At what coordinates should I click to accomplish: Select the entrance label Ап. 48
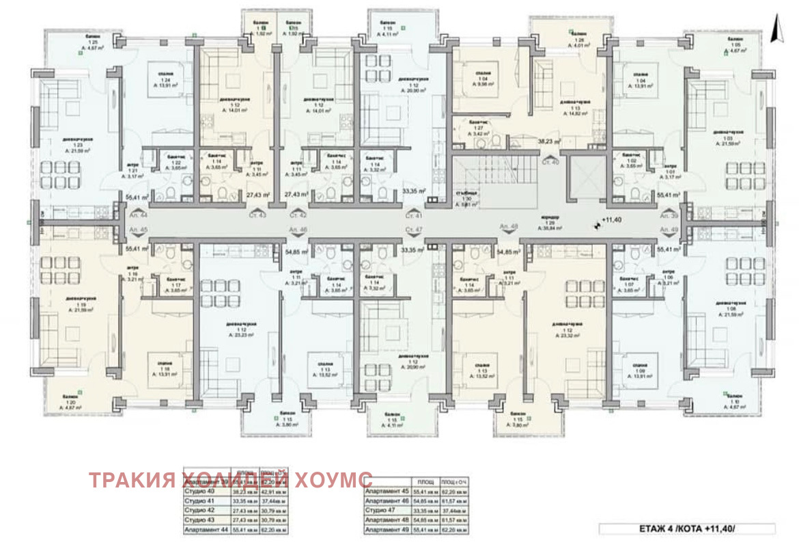tap(509, 225)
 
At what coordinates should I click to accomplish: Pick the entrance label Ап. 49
tap(669, 229)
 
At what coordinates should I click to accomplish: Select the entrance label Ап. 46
tap(298, 229)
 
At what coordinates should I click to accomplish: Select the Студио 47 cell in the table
tap(386, 511)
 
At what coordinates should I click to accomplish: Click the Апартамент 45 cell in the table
tap(388, 491)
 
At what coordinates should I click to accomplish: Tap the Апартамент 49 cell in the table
tap(388, 530)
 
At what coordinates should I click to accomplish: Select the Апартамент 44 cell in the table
tap(207, 530)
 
